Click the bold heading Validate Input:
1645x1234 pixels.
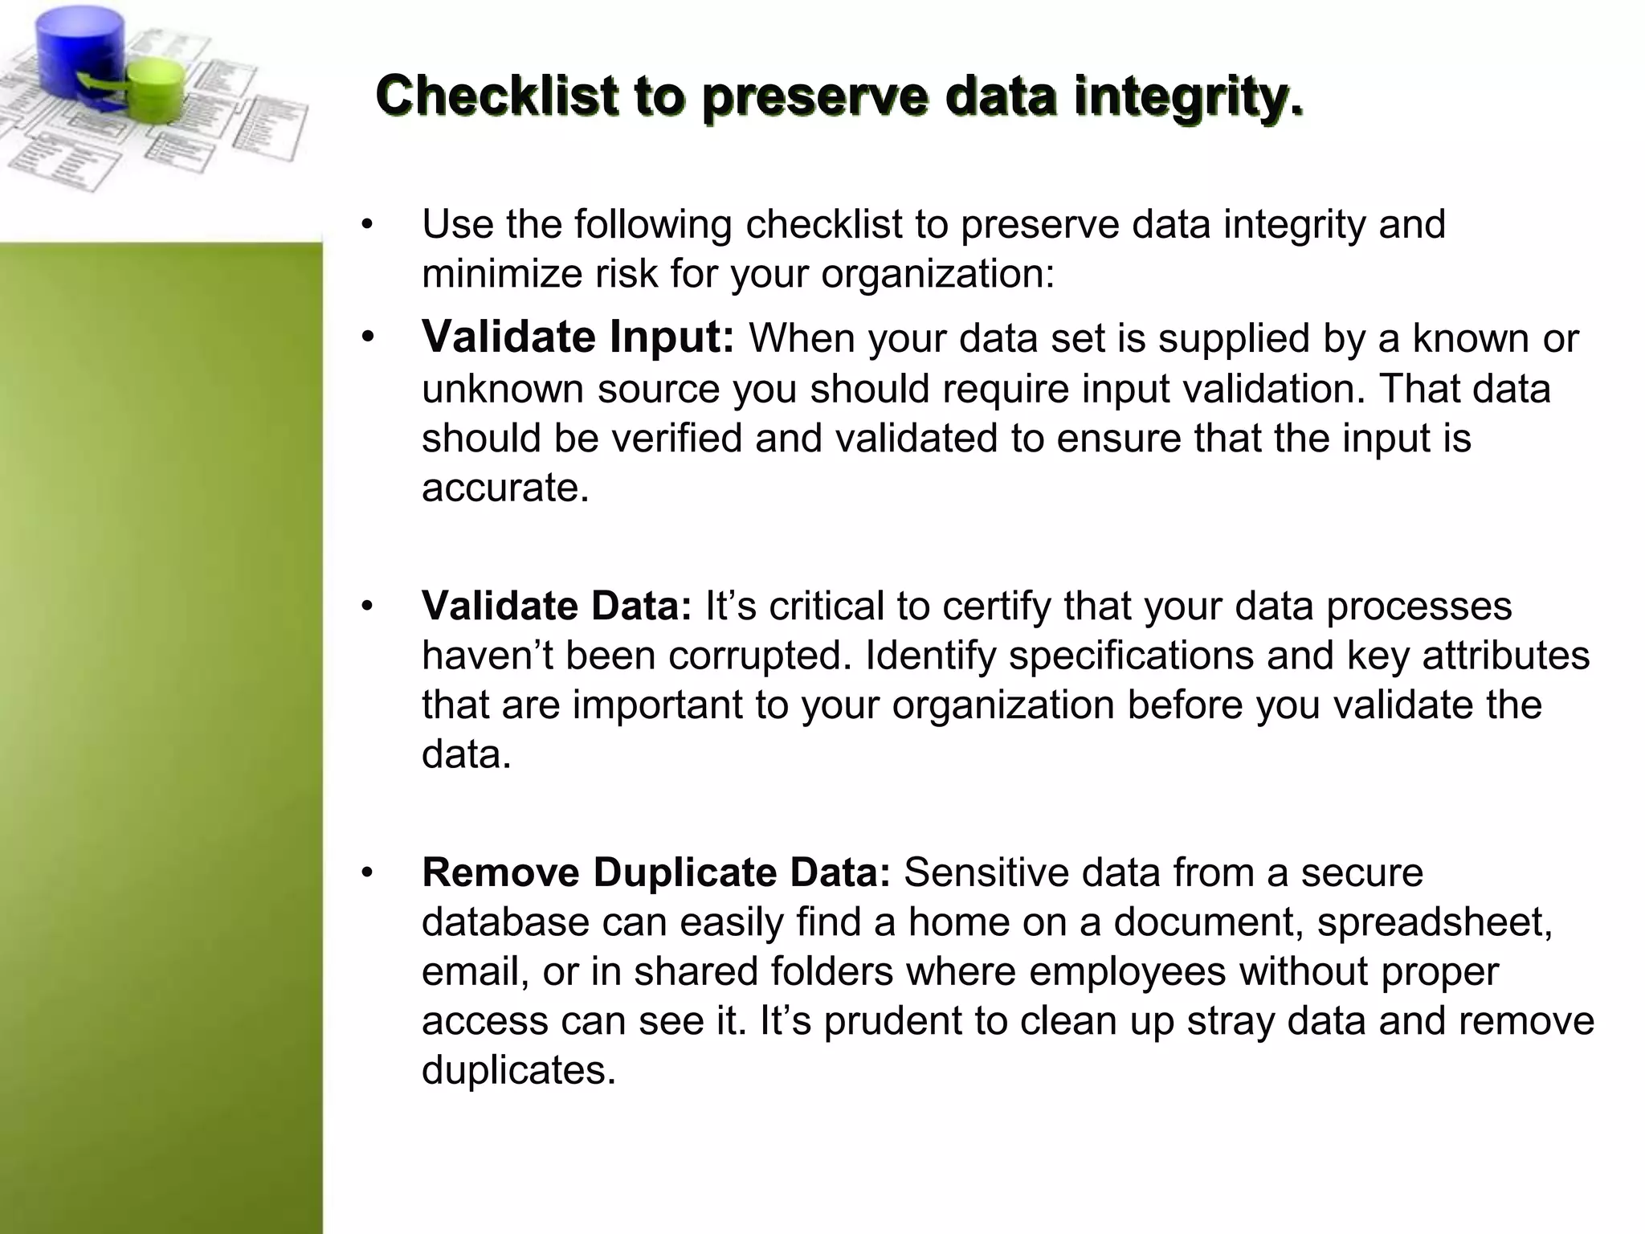[x=578, y=337]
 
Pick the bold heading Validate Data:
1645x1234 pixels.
[x=556, y=606]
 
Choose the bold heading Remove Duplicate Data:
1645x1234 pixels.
[x=655, y=872]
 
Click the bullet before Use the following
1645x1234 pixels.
[x=368, y=224]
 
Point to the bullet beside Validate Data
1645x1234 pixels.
[x=368, y=607]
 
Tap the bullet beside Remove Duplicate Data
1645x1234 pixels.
[x=368, y=873]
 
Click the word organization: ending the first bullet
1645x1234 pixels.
[x=937, y=275]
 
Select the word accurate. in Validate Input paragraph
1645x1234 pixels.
[x=505, y=488]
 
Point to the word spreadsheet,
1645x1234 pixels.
[x=1435, y=922]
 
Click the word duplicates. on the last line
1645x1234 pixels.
[x=518, y=1071]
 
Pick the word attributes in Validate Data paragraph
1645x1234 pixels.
[x=1506, y=656]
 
